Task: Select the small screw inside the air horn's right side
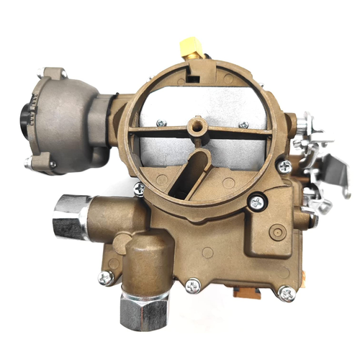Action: click(244, 125)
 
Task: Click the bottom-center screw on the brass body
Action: click(192, 286)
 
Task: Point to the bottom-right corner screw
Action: click(287, 293)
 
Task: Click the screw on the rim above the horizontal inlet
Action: click(139, 189)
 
